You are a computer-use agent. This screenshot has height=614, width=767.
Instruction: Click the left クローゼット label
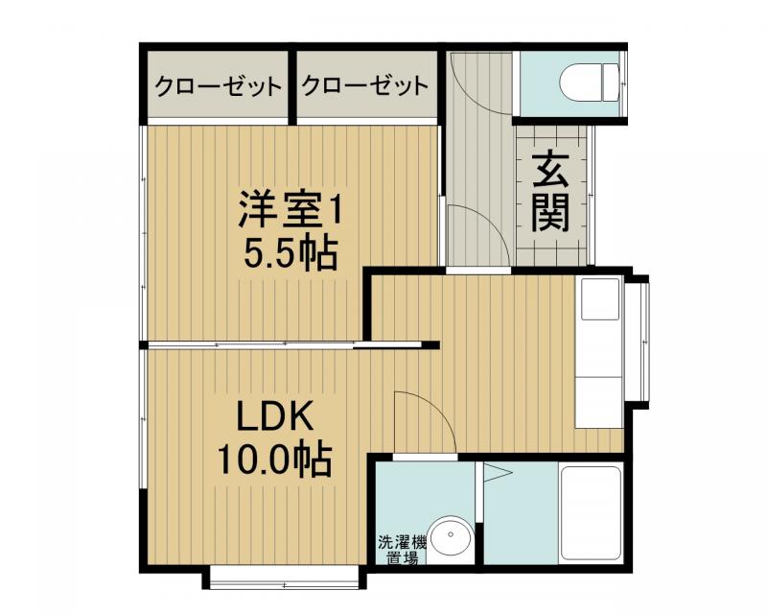220,86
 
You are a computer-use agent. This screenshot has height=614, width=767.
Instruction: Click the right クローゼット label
365,86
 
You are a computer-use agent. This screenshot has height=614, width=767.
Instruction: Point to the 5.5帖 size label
290,253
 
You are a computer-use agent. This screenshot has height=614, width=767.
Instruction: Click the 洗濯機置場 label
396,549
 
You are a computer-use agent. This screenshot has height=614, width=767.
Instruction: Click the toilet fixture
587,82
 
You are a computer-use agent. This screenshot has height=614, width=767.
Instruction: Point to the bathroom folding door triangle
497,472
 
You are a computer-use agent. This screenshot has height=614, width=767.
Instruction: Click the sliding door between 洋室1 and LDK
288,344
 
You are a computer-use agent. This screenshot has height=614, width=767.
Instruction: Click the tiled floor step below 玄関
553,250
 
